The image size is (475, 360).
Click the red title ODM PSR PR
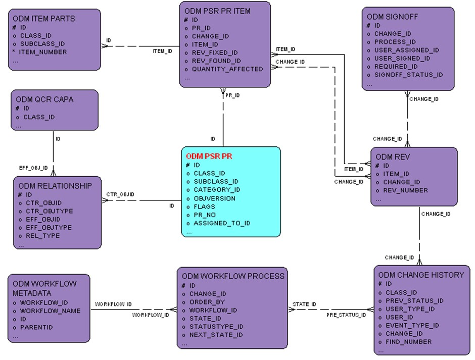coord(209,157)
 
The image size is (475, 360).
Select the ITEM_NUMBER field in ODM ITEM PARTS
coord(43,52)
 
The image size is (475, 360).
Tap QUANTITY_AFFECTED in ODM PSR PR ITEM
coord(227,69)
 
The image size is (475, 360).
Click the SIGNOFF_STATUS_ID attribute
coord(408,75)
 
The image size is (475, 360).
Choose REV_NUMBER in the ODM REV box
coord(405,190)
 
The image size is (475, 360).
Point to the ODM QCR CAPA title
coord(44,99)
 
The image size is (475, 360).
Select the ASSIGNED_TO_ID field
coord(222,223)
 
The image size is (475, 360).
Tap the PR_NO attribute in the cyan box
coord(204,215)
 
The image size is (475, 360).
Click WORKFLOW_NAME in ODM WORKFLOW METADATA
coord(50,311)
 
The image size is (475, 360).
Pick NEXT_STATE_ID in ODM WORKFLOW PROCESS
coord(216,335)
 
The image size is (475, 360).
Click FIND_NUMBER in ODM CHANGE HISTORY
coord(408,342)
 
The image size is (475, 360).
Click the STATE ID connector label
coord(304,304)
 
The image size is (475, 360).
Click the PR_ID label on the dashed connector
coord(232,95)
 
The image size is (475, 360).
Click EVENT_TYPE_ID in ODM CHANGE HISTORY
coord(412,326)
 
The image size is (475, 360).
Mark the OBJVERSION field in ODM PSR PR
coord(214,198)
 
